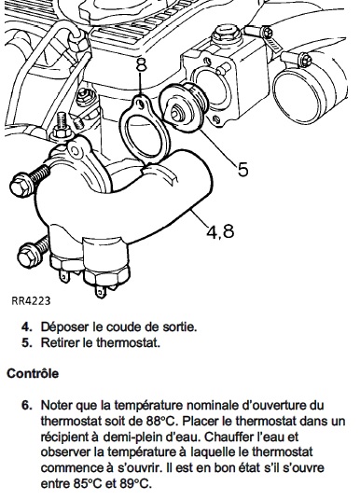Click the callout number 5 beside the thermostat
pyautogui.click(x=243, y=169)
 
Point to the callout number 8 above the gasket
pyautogui.click(x=141, y=65)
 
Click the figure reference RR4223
pyautogui.click(x=31, y=300)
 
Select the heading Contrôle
pyautogui.click(x=33, y=373)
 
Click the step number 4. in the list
pyautogui.click(x=27, y=326)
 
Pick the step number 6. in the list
pyautogui.click(x=27, y=405)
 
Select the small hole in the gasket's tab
pyautogui.click(x=139, y=104)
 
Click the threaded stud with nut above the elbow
pyautogui.click(x=62, y=127)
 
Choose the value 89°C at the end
pyautogui.click(x=135, y=484)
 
